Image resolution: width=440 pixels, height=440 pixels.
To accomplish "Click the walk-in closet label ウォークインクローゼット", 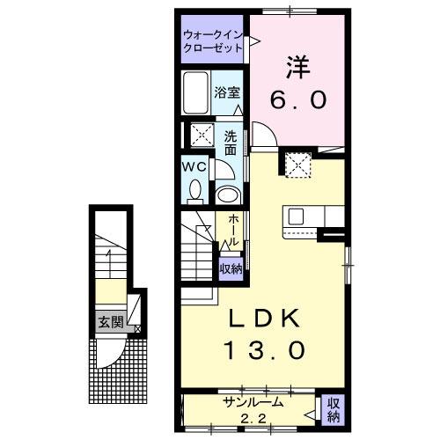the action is pyautogui.click(x=213, y=41).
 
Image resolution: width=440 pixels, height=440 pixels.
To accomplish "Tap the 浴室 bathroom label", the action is pyautogui.click(x=227, y=92).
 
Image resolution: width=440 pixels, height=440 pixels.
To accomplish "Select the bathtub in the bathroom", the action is pyautogui.click(x=196, y=92).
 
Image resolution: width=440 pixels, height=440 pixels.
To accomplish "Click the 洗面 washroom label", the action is pyautogui.click(x=231, y=143).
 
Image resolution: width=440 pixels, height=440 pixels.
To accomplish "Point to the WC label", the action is pyautogui.click(x=194, y=167).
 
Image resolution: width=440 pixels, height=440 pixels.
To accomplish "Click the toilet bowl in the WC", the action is pyautogui.click(x=195, y=190).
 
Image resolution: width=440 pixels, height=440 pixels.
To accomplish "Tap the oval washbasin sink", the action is pyautogui.click(x=228, y=195).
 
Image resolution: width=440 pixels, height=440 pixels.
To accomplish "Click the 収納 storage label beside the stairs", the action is pyautogui.click(x=231, y=269).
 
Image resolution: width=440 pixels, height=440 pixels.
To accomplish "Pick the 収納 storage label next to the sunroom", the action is pyautogui.click(x=334, y=410).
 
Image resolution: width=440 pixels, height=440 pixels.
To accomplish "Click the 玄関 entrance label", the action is pyautogui.click(x=110, y=322).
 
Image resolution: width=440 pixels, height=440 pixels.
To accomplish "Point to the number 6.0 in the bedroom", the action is pyautogui.click(x=298, y=99).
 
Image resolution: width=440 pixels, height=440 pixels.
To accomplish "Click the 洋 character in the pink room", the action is pyautogui.click(x=298, y=67).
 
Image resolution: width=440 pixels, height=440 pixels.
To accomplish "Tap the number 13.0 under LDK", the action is pyautogui.click(x=265, y=350).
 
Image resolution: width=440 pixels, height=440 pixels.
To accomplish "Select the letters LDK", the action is pyautogui.click(x=265, y=319).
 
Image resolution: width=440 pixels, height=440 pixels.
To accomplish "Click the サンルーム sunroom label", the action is pyautogui.click(x=253, y=402).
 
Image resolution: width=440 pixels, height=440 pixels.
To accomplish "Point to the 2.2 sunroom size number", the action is pyautogui.click(x=253, y=418).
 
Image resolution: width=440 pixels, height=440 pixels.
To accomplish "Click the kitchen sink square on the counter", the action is pyautogui.click(x=296, y=216).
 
